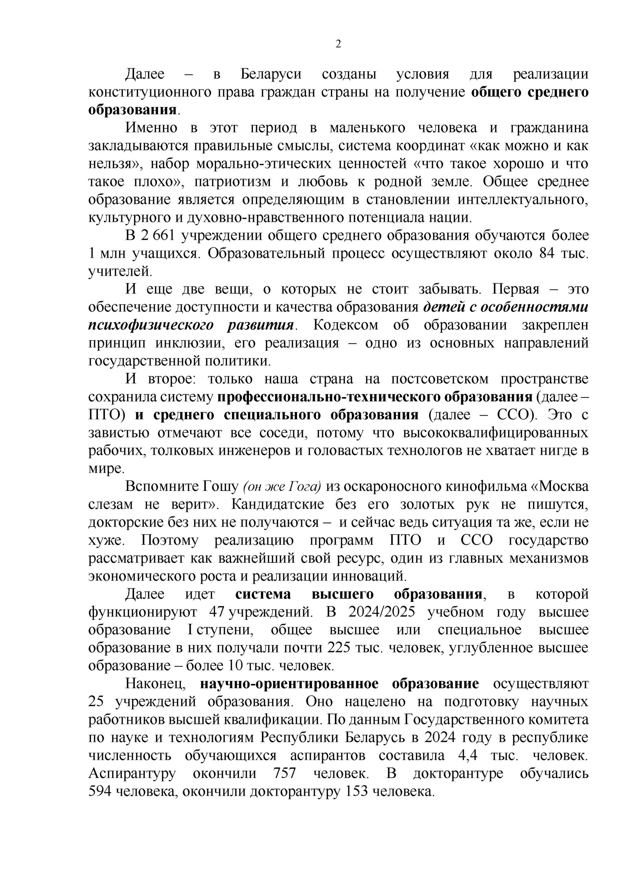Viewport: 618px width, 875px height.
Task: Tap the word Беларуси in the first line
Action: [x=271, y=73]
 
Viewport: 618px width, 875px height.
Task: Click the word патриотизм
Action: [x=233, y=182]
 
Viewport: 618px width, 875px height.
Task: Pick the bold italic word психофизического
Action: [x=151, y=325]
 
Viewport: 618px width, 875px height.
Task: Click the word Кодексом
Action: [x=346, y=325]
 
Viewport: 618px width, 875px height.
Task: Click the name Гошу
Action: [x=222, y=487]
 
